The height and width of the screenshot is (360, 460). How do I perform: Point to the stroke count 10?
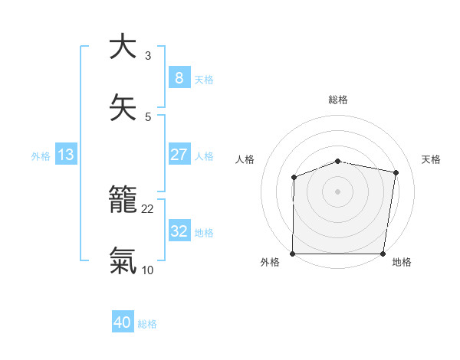148,270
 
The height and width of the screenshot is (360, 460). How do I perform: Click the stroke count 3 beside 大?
148,55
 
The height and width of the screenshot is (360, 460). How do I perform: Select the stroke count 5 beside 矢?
148,116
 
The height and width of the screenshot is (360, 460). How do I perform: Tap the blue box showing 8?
179,77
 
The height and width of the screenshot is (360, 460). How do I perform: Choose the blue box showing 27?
179,155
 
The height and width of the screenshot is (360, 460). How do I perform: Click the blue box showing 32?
179,231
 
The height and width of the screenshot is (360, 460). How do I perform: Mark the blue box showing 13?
66,155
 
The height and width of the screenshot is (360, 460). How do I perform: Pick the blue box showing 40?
123,322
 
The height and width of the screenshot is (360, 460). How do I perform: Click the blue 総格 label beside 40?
147,324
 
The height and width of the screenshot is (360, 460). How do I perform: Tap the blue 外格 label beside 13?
41,156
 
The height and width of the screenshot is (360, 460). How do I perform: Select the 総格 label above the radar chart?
338,100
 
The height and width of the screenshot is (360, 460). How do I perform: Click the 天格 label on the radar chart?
432,159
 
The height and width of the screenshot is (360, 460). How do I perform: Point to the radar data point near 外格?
293,254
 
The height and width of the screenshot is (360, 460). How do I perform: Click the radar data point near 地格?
383,254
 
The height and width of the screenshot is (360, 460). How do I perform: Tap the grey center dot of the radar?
338,191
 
